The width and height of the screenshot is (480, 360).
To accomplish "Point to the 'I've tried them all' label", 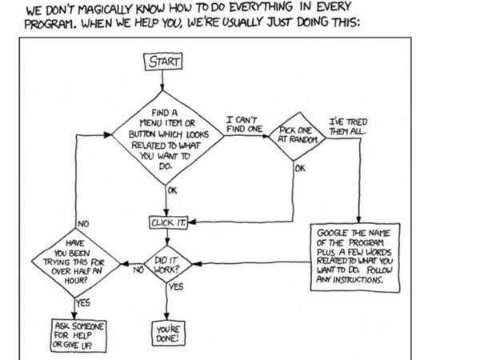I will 348,126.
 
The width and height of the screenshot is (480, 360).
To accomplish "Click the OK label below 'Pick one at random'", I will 300,169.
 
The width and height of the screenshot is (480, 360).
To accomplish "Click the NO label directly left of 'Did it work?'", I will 137,270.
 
